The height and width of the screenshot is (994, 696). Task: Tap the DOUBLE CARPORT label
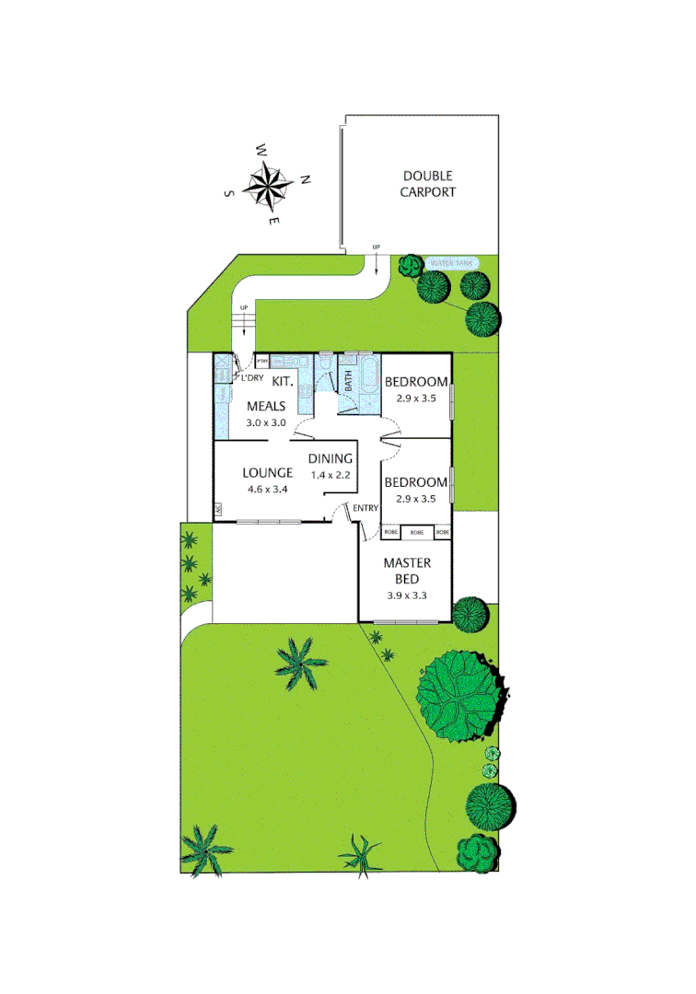[429, 184]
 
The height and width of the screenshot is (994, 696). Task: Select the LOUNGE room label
[267, 473]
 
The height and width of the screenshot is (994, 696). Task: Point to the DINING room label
[331, 459]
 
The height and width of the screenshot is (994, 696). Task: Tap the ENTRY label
[365, 508]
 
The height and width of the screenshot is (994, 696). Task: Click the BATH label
[349, 382]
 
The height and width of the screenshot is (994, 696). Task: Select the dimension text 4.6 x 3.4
[268, 489]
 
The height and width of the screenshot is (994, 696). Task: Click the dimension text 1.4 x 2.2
[331, 475]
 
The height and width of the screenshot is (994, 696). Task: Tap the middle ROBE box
[417, 533]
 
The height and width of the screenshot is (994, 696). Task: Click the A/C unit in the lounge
[218, 509]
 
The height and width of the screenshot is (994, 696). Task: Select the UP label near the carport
[376, 248]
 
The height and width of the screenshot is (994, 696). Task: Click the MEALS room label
[266, 407]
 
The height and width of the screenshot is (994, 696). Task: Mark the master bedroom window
[406, 623]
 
